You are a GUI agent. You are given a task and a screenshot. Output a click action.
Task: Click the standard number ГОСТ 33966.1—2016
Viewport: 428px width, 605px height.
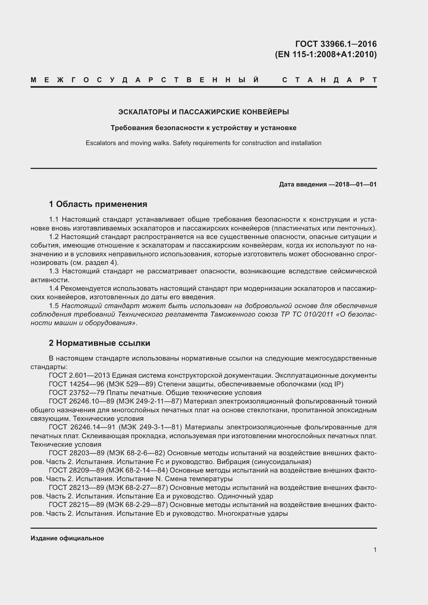coord(336,44)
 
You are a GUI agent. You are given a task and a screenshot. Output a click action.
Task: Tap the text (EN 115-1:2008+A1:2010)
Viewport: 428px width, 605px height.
coord(326,54)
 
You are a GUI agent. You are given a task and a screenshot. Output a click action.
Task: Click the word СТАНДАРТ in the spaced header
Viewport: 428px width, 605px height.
coord(329,80)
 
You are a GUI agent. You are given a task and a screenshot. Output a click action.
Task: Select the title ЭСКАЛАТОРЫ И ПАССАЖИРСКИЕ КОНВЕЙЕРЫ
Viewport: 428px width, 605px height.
coord(203,112)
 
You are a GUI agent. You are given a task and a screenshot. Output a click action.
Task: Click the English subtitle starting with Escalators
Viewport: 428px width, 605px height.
coord(203,143)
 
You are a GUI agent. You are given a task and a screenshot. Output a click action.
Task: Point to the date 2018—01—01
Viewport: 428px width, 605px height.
coord(356,184)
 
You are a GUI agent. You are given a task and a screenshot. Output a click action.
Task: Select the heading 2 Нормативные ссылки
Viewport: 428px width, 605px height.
coord(100,343)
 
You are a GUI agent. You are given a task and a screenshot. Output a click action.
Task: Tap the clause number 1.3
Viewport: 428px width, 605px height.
coord(54,271)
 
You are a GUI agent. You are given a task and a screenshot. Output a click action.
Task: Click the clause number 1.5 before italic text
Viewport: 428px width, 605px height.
coord(54,306)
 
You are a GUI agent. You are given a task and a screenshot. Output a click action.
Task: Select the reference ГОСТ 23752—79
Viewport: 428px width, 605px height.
coord(76,393)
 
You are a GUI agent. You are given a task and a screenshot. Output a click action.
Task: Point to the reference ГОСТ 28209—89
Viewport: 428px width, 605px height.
coord(76,470)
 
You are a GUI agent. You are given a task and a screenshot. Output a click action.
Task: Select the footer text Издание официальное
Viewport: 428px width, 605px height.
coord(67,538)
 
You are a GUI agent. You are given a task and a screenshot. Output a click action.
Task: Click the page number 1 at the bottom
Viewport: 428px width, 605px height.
coord(375,550)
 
